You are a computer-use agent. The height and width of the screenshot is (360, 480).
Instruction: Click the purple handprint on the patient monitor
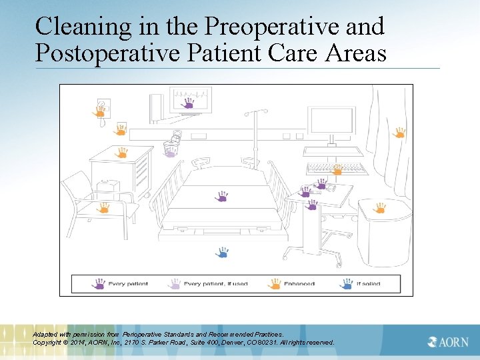pos(188,104)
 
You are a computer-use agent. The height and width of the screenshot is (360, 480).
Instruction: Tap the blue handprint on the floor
pos(223,252)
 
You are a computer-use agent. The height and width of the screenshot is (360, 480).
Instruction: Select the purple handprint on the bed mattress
pos(222,196)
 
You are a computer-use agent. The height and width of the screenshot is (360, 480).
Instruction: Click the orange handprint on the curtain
pos(399,132)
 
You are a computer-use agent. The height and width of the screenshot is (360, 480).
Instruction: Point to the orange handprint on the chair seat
pos(103,207)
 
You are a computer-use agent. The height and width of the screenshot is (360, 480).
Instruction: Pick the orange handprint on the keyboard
pos(337,169)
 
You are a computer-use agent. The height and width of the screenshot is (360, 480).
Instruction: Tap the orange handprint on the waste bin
pos(379,207)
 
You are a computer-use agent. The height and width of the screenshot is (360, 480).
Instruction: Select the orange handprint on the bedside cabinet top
pos(122,152)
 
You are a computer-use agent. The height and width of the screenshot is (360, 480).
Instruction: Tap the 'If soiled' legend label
pos(368,284)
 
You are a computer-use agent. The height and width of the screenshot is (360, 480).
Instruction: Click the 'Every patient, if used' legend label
pos(215,284)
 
